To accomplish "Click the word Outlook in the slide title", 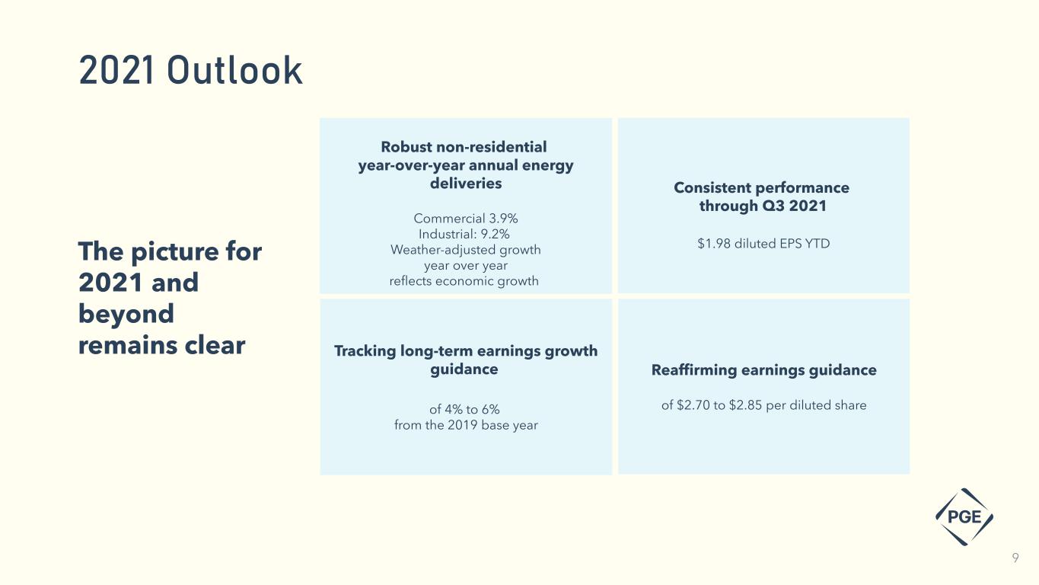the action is coord(234,71).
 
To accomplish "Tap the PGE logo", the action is coord(964,516).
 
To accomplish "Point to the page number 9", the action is coord(1015,558).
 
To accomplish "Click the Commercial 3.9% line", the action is coord(466,218).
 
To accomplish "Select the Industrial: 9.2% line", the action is coord(464,234).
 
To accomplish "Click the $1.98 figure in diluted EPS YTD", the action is coord(714,243).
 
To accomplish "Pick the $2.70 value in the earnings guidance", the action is coord(693,405).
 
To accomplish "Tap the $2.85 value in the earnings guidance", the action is coord(745,405).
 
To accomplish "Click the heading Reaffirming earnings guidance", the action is coord(764,370).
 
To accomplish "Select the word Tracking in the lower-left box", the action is coord(365,351).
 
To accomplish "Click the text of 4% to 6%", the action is coord(464,409).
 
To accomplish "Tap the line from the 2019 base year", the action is coord(466,425).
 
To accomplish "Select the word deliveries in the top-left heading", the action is coord(466,184).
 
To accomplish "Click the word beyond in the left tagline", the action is coord(126,314).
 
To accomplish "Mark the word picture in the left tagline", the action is coord(174,252).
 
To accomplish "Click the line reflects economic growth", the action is coord(464,281).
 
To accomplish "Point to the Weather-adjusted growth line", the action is coord(466,250).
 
